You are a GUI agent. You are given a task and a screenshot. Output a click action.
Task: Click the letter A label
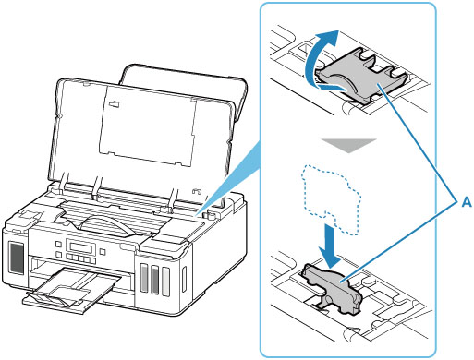pos(467,202)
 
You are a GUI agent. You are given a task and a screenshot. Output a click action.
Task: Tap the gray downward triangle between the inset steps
pos(348,145)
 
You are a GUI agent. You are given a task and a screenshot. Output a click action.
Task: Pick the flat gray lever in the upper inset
pos(360,76)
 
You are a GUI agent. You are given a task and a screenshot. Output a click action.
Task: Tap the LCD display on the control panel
pos(80,247)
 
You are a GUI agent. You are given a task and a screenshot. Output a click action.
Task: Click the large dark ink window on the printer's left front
pos(17,258)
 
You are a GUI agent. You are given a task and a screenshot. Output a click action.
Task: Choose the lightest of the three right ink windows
pos(165,282)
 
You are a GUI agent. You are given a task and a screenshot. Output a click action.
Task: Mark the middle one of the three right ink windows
pos(154,280)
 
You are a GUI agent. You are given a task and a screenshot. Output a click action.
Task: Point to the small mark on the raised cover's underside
pos(115,103)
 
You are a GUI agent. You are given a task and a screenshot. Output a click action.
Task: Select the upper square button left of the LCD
pos(58,245)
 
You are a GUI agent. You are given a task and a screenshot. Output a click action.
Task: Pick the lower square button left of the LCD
pos(58,255)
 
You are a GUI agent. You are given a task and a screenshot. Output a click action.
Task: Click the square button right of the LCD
pos(103,252)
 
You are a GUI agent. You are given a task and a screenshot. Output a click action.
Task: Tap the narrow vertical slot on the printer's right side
pos(184,280)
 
